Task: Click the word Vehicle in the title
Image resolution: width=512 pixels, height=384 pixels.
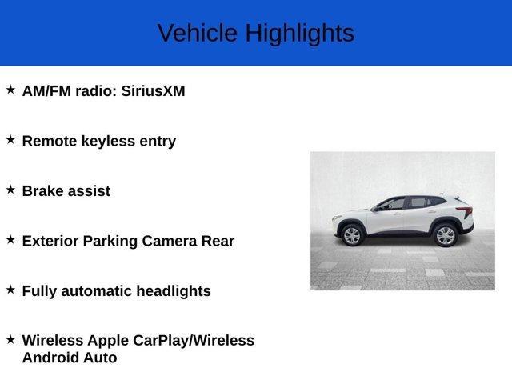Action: [198, 34]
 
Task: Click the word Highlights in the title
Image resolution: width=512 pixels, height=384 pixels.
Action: [299, 34]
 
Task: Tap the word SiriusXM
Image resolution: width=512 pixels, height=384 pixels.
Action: [153, 91]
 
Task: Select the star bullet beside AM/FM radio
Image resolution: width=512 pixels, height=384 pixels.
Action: [10, 90]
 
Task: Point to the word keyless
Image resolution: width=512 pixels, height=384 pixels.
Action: [109, 141]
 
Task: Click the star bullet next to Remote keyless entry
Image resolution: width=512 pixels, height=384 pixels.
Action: [10, 139]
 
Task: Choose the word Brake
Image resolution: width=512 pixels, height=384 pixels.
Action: [44, 191]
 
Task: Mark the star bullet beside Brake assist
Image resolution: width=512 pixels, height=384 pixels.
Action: [10, 190]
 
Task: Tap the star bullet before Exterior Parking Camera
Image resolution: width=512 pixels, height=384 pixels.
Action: [10, 239]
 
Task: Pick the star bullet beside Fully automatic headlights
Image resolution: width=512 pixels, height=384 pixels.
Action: [10, 289]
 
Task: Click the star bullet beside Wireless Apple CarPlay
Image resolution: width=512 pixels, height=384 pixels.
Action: [10, 339]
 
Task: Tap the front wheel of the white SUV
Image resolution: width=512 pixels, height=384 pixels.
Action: [351, 235]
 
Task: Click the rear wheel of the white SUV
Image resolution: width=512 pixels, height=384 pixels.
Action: [445, 235]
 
